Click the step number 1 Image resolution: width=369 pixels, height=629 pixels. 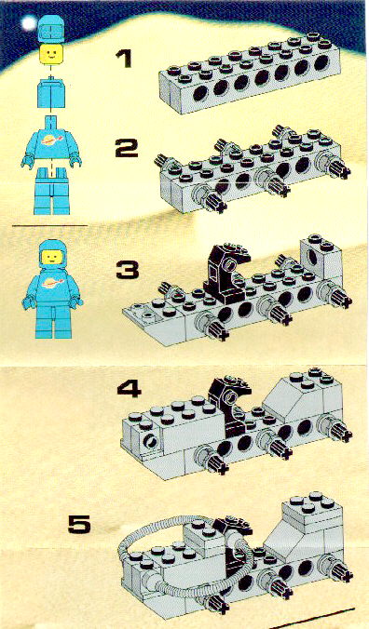123,59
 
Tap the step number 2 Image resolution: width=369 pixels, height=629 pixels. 126,148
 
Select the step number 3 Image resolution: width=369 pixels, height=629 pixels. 128,270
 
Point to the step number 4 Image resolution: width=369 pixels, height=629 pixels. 129,389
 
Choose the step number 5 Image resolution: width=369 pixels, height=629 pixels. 79,524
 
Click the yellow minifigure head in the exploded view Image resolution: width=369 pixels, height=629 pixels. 51,55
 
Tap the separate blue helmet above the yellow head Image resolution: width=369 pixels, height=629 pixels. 51,29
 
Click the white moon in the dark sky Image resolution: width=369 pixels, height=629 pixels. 29,23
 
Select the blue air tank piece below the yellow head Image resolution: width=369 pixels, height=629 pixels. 51,93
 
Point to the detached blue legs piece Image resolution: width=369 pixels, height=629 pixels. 52,191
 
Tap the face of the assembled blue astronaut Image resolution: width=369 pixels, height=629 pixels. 52,257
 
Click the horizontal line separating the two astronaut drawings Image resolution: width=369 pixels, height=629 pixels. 49,225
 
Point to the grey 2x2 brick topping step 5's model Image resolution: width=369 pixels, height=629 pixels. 313,509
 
